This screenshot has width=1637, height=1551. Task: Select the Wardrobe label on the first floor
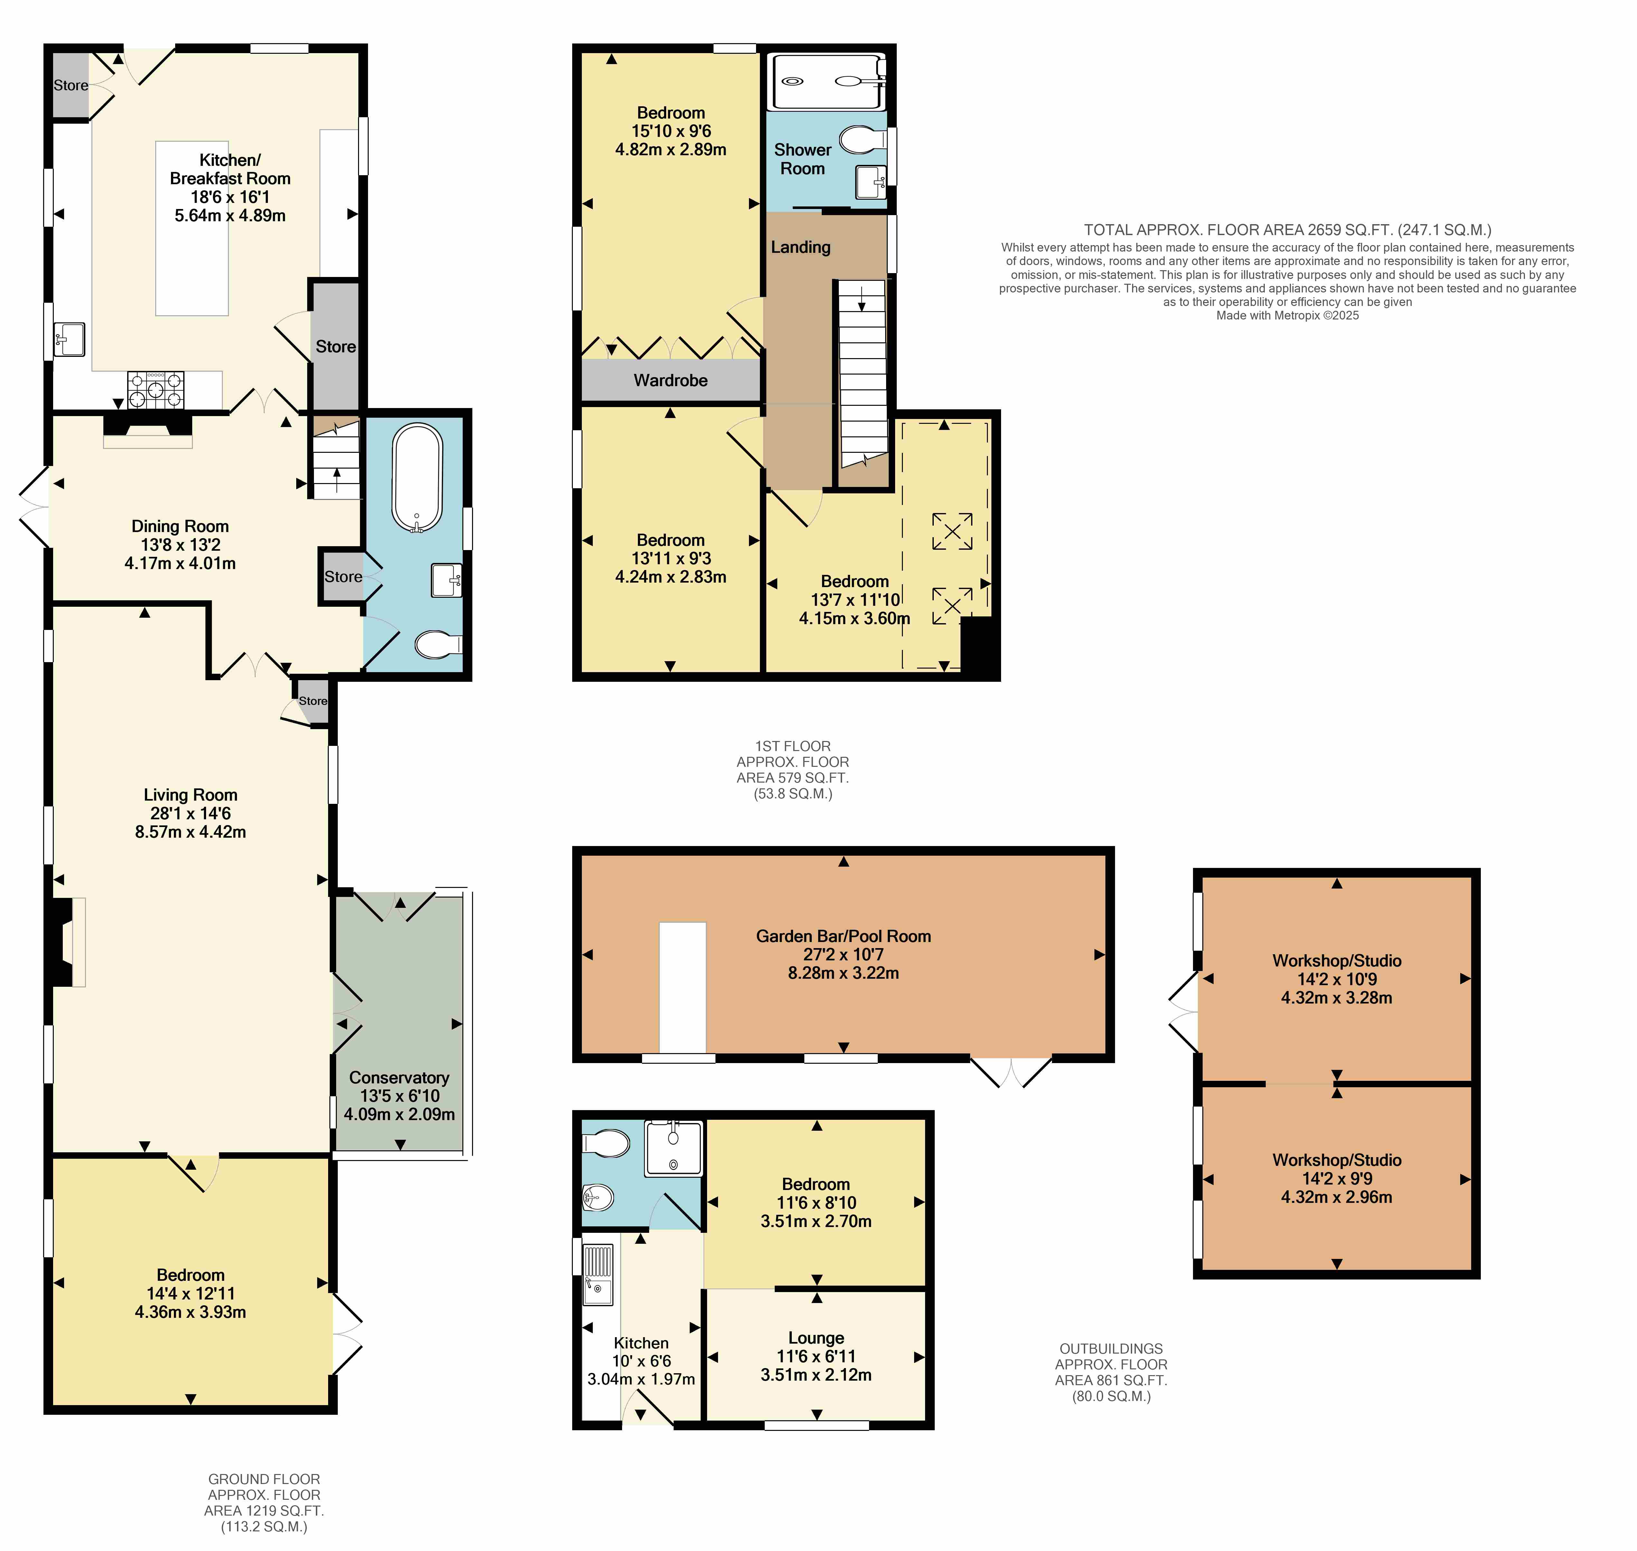coord(670,380)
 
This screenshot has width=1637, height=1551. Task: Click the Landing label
coord(800,247)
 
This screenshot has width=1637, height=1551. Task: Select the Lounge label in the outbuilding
coord(816,1338)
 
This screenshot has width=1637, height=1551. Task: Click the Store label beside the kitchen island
coord(336,347)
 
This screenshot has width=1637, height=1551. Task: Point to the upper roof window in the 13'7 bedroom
coord(951,531)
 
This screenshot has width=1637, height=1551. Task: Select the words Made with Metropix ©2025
coord(1287,315)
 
